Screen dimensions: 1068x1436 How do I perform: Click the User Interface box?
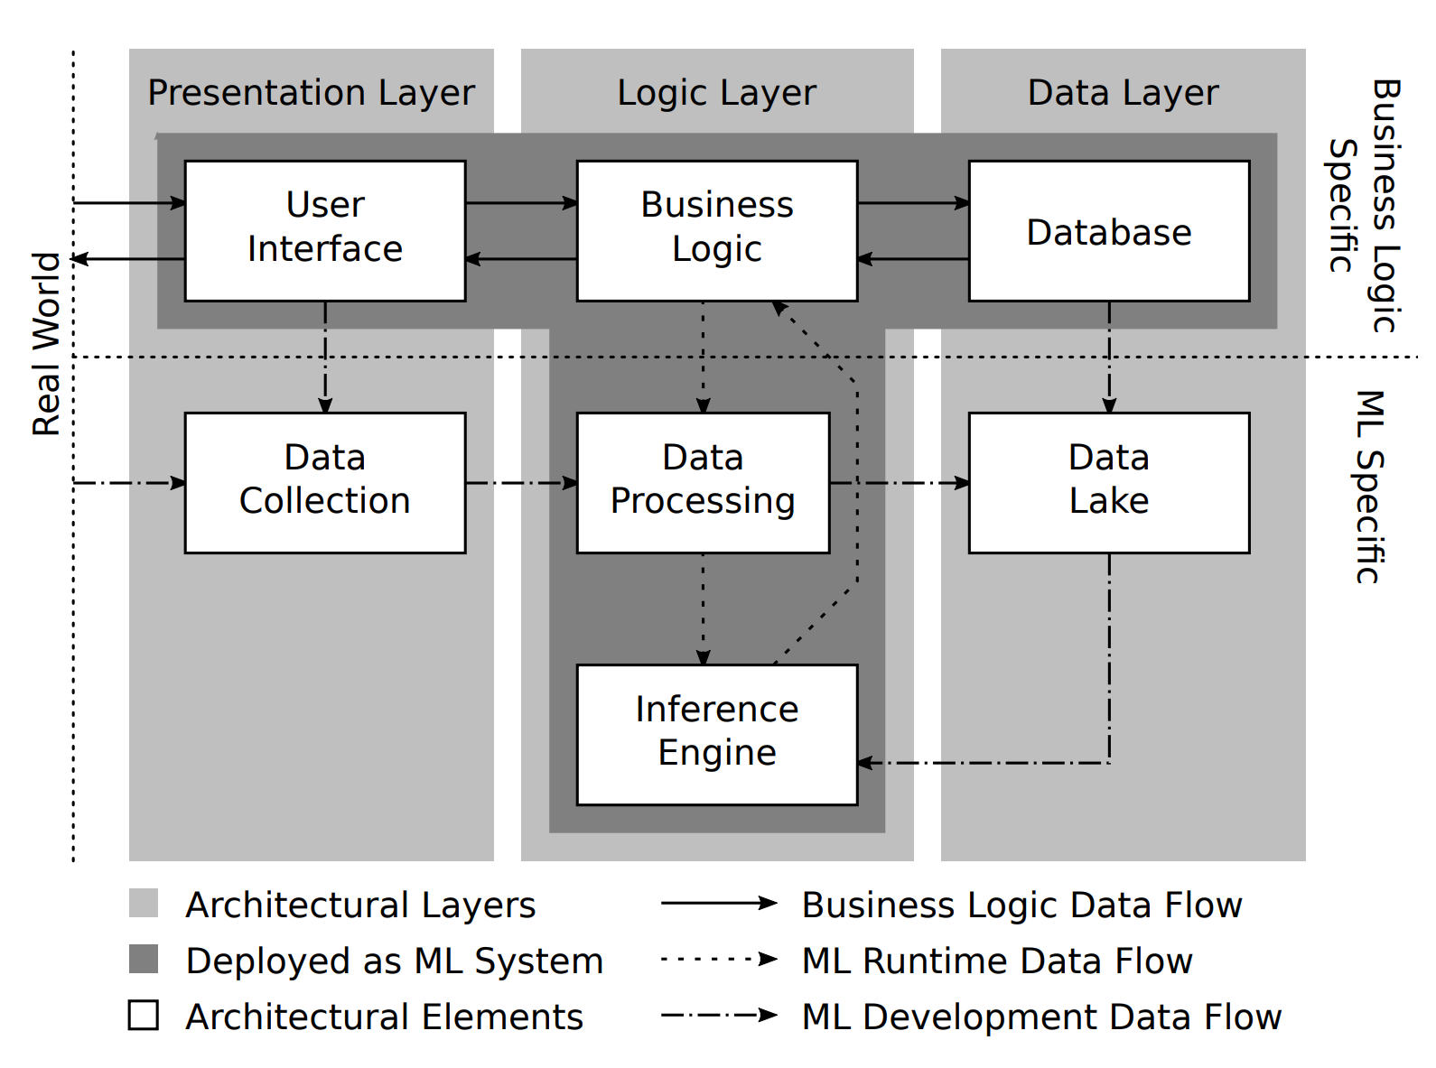coord(325,230)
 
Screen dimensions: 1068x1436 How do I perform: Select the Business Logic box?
coord(716,230)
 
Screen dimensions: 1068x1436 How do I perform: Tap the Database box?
coord(1108,230)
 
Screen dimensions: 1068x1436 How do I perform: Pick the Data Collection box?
coord(325,482)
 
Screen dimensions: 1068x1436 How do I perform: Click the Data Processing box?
coord(703,482)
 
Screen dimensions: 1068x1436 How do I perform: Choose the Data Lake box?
coord(1108,482)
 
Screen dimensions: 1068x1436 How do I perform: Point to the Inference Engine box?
coord(716,734)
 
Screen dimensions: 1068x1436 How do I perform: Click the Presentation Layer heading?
coord(311,93)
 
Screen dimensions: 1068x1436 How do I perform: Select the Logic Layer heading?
coord(716,93)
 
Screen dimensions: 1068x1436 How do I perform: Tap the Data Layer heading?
coord(1123,93)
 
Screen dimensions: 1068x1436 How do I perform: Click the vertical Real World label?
coord(46,344)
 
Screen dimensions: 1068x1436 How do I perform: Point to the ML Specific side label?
coord(1369,487)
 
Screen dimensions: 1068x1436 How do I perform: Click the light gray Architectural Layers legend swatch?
coord(144,903)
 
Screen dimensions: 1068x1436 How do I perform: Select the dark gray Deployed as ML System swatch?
coord(144,959)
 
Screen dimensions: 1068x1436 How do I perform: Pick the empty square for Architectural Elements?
coord(144,1015)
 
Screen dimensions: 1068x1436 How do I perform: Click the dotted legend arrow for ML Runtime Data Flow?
coord(718,959)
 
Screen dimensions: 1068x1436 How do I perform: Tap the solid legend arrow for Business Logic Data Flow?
coord(718,903)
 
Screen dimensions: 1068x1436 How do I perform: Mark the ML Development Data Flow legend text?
coord(1041,1017)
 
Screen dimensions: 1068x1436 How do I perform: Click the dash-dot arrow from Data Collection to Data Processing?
coord(521,483)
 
